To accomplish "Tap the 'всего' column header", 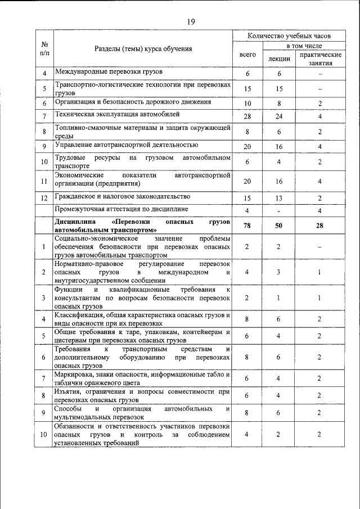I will [247, 55].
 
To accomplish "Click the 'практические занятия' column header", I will [320, 59].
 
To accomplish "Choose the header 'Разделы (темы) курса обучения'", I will [143, 49].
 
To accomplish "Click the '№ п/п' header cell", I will [44, 48].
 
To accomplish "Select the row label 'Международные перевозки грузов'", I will [108, 73].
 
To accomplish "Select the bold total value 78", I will [247, 226].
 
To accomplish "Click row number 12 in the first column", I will [44, 198].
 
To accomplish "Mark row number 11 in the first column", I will [44, 181].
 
